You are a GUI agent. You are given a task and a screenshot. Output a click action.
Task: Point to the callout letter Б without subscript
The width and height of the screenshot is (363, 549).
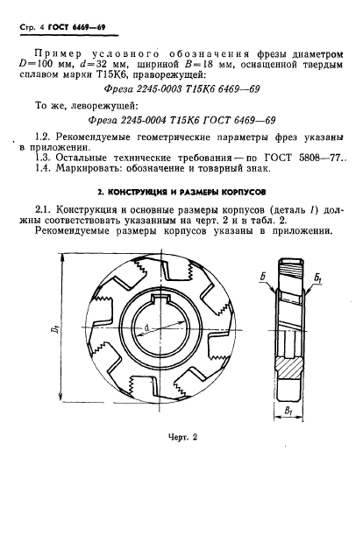264,278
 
